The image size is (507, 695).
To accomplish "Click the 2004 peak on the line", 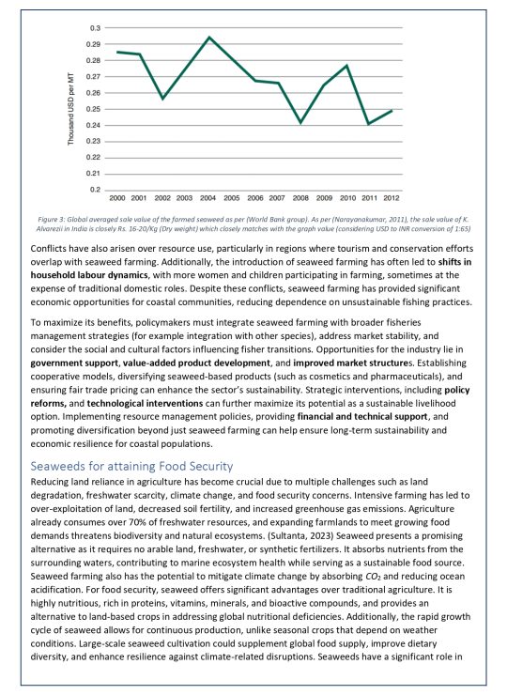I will (208, 38).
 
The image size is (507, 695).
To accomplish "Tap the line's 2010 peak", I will (346, 66).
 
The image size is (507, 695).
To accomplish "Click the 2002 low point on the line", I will (162, 99).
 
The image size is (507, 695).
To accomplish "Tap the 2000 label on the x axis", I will (116, 200).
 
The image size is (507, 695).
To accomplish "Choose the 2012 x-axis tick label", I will (392, 200).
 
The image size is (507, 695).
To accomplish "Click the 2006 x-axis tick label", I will (254, 200).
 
